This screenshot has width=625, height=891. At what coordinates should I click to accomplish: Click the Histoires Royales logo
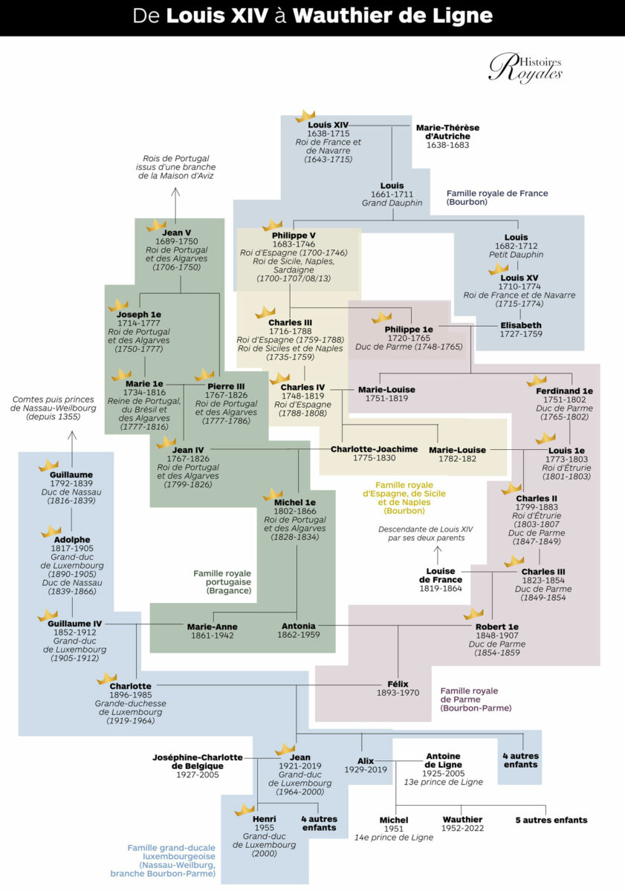coord(525,68)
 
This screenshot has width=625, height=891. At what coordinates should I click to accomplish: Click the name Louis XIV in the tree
coord(328,125)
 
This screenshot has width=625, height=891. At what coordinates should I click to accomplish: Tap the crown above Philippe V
coord(273,224)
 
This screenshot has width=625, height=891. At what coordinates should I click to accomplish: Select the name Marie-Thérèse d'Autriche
coord(447,132)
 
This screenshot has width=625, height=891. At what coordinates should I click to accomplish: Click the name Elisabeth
coord(521,325)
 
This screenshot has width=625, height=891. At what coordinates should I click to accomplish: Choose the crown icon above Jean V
coord(156,224)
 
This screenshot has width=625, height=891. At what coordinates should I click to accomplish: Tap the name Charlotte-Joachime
coord(374,449)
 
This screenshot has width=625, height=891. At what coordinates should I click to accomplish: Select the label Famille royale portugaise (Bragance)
coord(222,582)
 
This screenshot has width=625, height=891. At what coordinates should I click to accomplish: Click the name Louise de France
coord(441,575)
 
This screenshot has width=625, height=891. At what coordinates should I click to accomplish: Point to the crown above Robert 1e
coord(473,614)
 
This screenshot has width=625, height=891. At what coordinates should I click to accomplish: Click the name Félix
coord(398,684)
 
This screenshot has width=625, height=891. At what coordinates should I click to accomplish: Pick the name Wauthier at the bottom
coord(462,820)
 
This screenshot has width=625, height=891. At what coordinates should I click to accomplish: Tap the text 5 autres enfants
coord(551,820)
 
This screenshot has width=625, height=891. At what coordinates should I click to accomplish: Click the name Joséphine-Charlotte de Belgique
coord(198,761)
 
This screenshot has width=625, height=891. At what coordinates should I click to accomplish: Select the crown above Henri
coord(245,809)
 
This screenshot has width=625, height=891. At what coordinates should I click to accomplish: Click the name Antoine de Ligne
coord(444,760)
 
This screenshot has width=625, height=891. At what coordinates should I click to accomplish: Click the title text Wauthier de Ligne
coord(392,16)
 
